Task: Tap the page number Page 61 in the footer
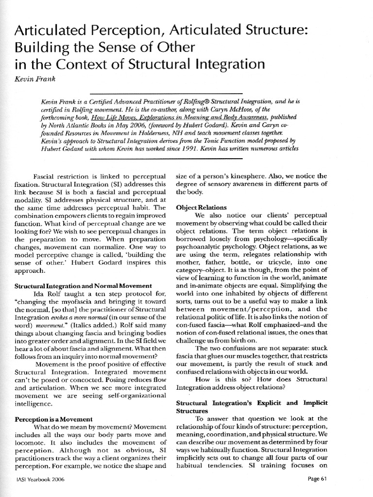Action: pyautogui.click(x=320, y=479)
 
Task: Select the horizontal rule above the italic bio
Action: pyautogui.click(x=166, y=93)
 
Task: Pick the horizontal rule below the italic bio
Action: pyautogui.click(x=166, y=158)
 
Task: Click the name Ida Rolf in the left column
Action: pyautogui.click(x=48, y=294)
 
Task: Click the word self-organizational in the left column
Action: pyautogui.click(x=117, y=395)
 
